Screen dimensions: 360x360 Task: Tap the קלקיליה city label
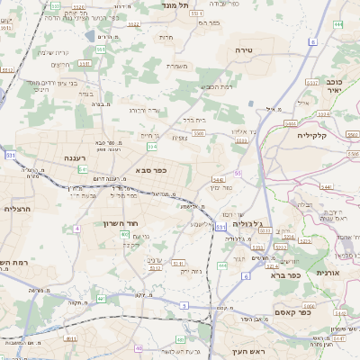click(x=317, y=135)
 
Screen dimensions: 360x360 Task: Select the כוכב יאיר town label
click(x=334, y=85)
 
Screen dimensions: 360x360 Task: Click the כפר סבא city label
click(x=151, y=169)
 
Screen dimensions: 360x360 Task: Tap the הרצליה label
click(x=18, y=208)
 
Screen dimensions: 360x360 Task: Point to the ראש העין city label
click(x=251, y=350)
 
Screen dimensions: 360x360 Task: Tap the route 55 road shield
click(x=238, y=173)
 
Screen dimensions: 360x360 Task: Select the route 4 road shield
click(x=77, y=229)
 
